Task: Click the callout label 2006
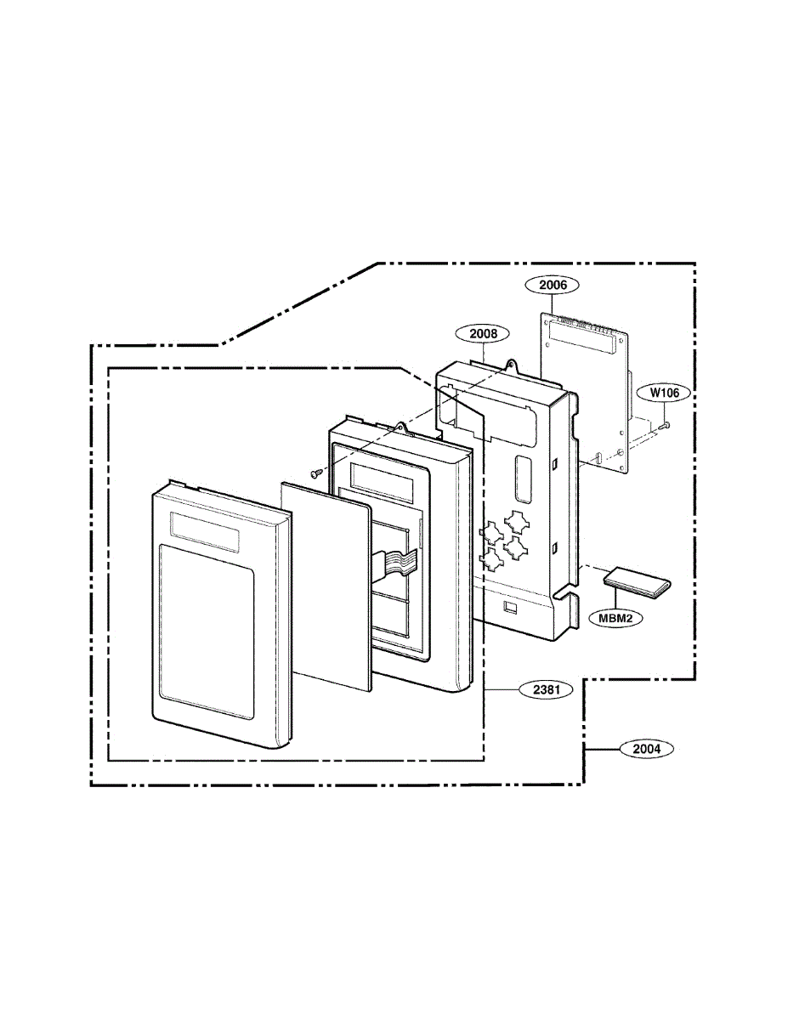tap(553, 285)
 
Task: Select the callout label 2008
tap(484, 334)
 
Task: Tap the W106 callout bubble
tap(665, 393)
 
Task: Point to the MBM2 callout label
tap(615, 619)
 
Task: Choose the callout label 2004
tap(647, 749)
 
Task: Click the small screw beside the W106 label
tap(665, 426)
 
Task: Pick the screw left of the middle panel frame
tap(315, 473)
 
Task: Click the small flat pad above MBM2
tap(637, 583)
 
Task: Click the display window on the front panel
tap(205, 531)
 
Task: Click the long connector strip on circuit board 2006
tap(581, 337)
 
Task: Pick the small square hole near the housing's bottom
tap(510, 608)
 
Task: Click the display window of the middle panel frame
tap(382, 481)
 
